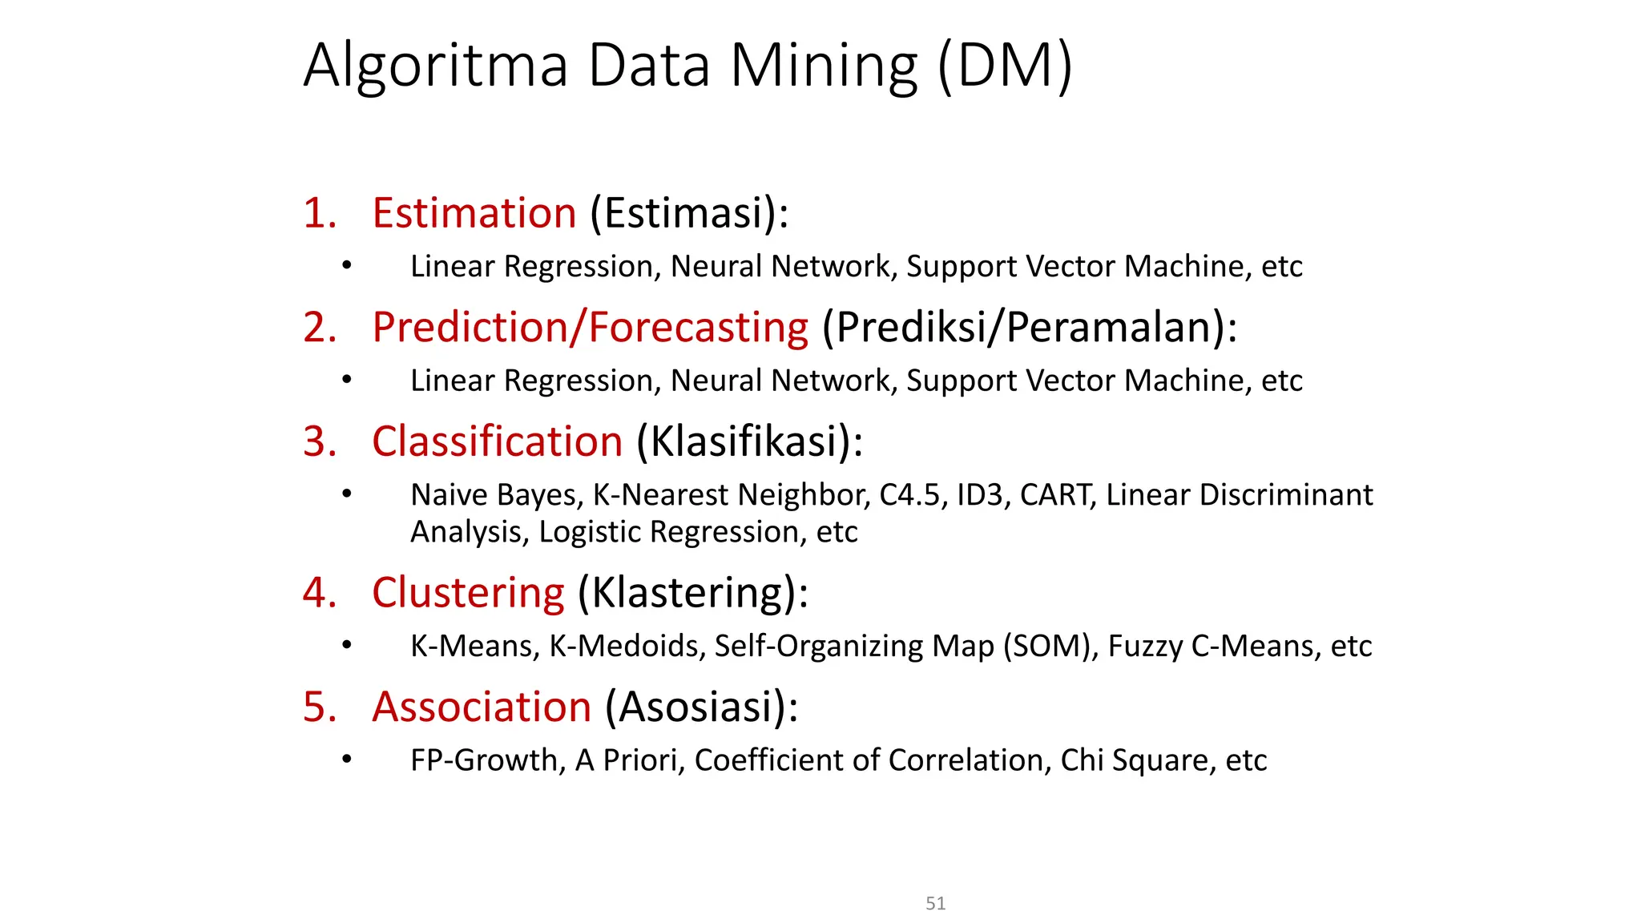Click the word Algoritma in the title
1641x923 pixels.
[436, 66]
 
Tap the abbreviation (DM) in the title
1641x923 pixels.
[1004, 66]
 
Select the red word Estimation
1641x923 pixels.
[474, 213]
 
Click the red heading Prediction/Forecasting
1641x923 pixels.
[591, 328]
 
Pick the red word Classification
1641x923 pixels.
[498, 441]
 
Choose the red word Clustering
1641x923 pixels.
[468, 593]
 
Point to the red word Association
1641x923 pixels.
[482, 707]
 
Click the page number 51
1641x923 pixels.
[935, 904]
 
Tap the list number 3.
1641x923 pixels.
[319, 441]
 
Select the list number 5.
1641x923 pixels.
[319, 707]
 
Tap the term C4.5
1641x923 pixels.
[909, 495]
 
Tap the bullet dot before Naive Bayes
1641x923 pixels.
[346, 494]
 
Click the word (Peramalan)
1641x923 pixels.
[1115, 328]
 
